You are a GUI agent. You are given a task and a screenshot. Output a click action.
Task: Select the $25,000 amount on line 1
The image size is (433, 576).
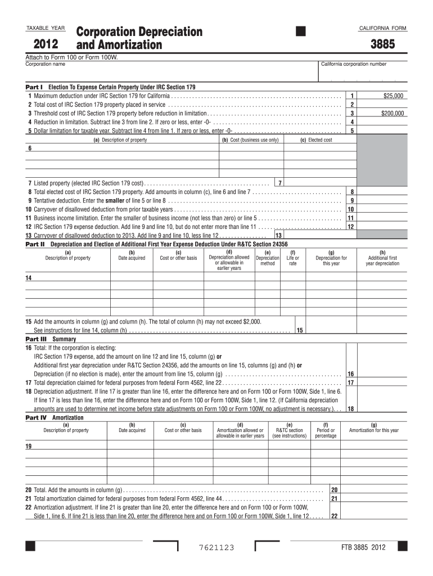tap(393, 96)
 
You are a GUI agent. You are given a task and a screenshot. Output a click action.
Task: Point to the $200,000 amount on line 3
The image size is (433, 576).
tap(392, 113)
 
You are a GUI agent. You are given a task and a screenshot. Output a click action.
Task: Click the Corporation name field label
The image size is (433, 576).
tap(46, 64)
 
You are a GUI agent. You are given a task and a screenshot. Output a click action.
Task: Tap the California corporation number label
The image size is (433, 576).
tap(354, 64)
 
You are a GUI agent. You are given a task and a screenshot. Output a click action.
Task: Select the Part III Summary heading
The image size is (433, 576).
tap(51, 340)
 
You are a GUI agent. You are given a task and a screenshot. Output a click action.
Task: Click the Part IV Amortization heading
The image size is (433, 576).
tap(55, 418)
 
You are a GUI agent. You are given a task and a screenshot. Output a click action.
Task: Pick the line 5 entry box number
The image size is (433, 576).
tap(352, 130)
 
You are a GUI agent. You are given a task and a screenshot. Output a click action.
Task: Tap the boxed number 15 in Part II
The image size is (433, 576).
tap(300, 330)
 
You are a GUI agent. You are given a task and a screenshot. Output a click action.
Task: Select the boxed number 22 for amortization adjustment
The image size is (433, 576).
tap(334, 516)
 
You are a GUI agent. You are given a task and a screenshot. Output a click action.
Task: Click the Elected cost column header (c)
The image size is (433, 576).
tap(316, 140)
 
